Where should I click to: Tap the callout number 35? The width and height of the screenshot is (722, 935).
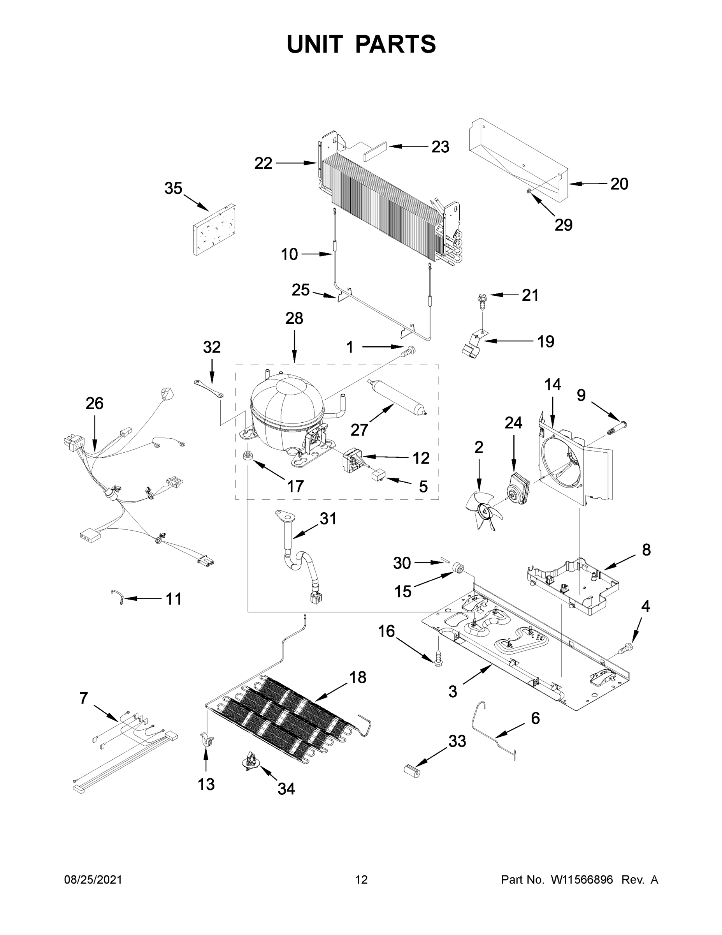(x=173, y=189)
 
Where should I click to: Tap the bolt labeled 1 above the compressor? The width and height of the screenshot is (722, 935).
(x=409, y=351)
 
